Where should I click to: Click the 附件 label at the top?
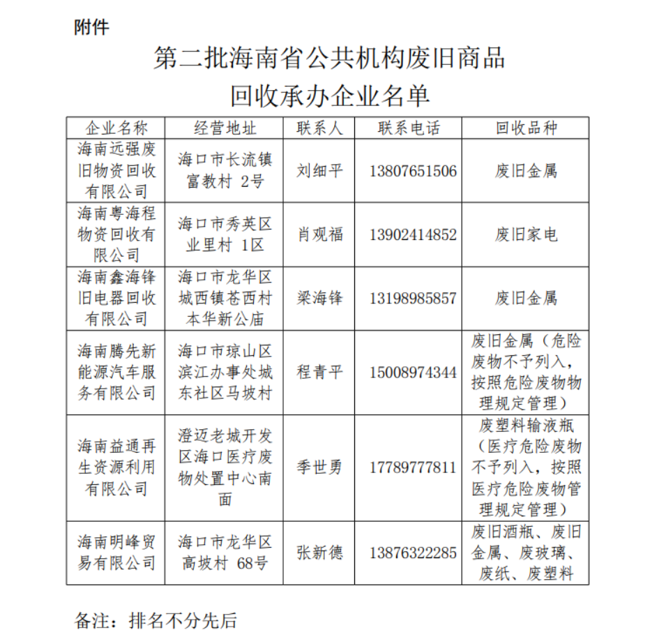tap(91, 27)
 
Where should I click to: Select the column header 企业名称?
tap(116, 128)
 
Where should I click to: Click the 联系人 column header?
tap(319, 128)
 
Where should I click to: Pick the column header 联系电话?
tap(409, 128)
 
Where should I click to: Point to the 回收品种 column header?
tap(526, 128)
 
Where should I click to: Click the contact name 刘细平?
tap(319, 171)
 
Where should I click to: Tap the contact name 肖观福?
tap(319, 234)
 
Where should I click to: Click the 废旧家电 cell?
tap(526, 234)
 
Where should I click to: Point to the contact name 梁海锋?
tap(319, 299)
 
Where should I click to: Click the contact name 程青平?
tap(319, 372)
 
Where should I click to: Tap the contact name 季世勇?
tap(319, 467)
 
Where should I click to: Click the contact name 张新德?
tap(319, 553)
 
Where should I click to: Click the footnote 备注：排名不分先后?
tap(156, 620)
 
